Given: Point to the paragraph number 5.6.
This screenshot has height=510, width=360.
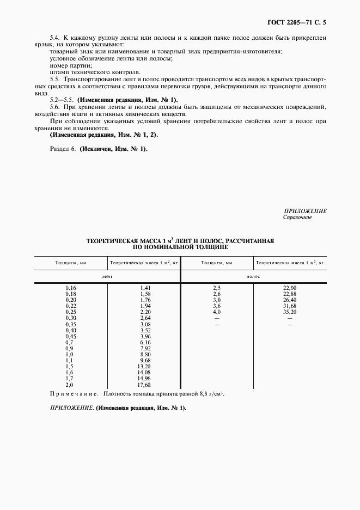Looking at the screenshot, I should (56, 107).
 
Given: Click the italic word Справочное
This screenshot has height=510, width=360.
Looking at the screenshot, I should (297, 217).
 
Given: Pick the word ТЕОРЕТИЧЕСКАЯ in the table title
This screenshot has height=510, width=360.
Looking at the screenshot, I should (113, 240).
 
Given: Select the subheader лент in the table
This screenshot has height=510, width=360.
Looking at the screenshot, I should (107, 277).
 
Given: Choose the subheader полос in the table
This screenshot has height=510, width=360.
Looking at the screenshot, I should (253, 277).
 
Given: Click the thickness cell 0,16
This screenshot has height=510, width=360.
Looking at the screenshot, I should (71, 288).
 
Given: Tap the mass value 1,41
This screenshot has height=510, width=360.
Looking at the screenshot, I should (144, 288).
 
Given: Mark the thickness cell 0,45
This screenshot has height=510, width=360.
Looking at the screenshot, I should (71, 336).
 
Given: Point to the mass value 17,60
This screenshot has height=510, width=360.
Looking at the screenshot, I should (144, 385).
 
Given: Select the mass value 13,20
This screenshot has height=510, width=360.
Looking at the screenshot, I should (144, 366).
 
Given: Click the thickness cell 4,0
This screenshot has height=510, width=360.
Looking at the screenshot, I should (217, 312).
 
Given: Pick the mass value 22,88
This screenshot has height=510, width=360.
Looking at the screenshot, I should (290, 294).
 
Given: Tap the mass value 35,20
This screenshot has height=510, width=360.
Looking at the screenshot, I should (290, 312).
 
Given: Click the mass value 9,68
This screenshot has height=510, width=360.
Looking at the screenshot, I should (144, 360).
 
